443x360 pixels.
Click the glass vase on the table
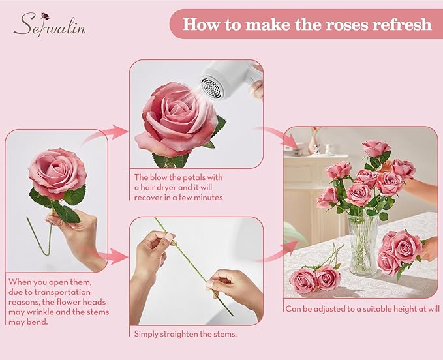tap(363, 244)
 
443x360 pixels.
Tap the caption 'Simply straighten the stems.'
tap(185, 333)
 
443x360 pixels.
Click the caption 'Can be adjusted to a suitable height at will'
tap(361, 308)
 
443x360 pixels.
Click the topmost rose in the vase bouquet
tap(375, 149)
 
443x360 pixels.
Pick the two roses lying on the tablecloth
tap(316, 278)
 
